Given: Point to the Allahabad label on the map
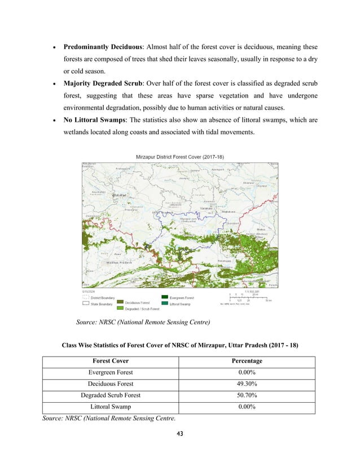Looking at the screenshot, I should pos(120,195).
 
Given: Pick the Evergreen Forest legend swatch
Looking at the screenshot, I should pos(165,297).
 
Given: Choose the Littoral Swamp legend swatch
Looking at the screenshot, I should pos(165,303).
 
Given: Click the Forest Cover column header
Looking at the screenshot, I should pos(111,361).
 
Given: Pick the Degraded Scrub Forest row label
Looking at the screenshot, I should pos(111,395).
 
